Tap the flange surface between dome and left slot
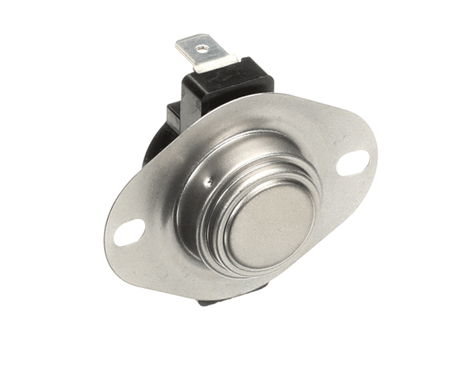pyautogui.click(x=155, y=222)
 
